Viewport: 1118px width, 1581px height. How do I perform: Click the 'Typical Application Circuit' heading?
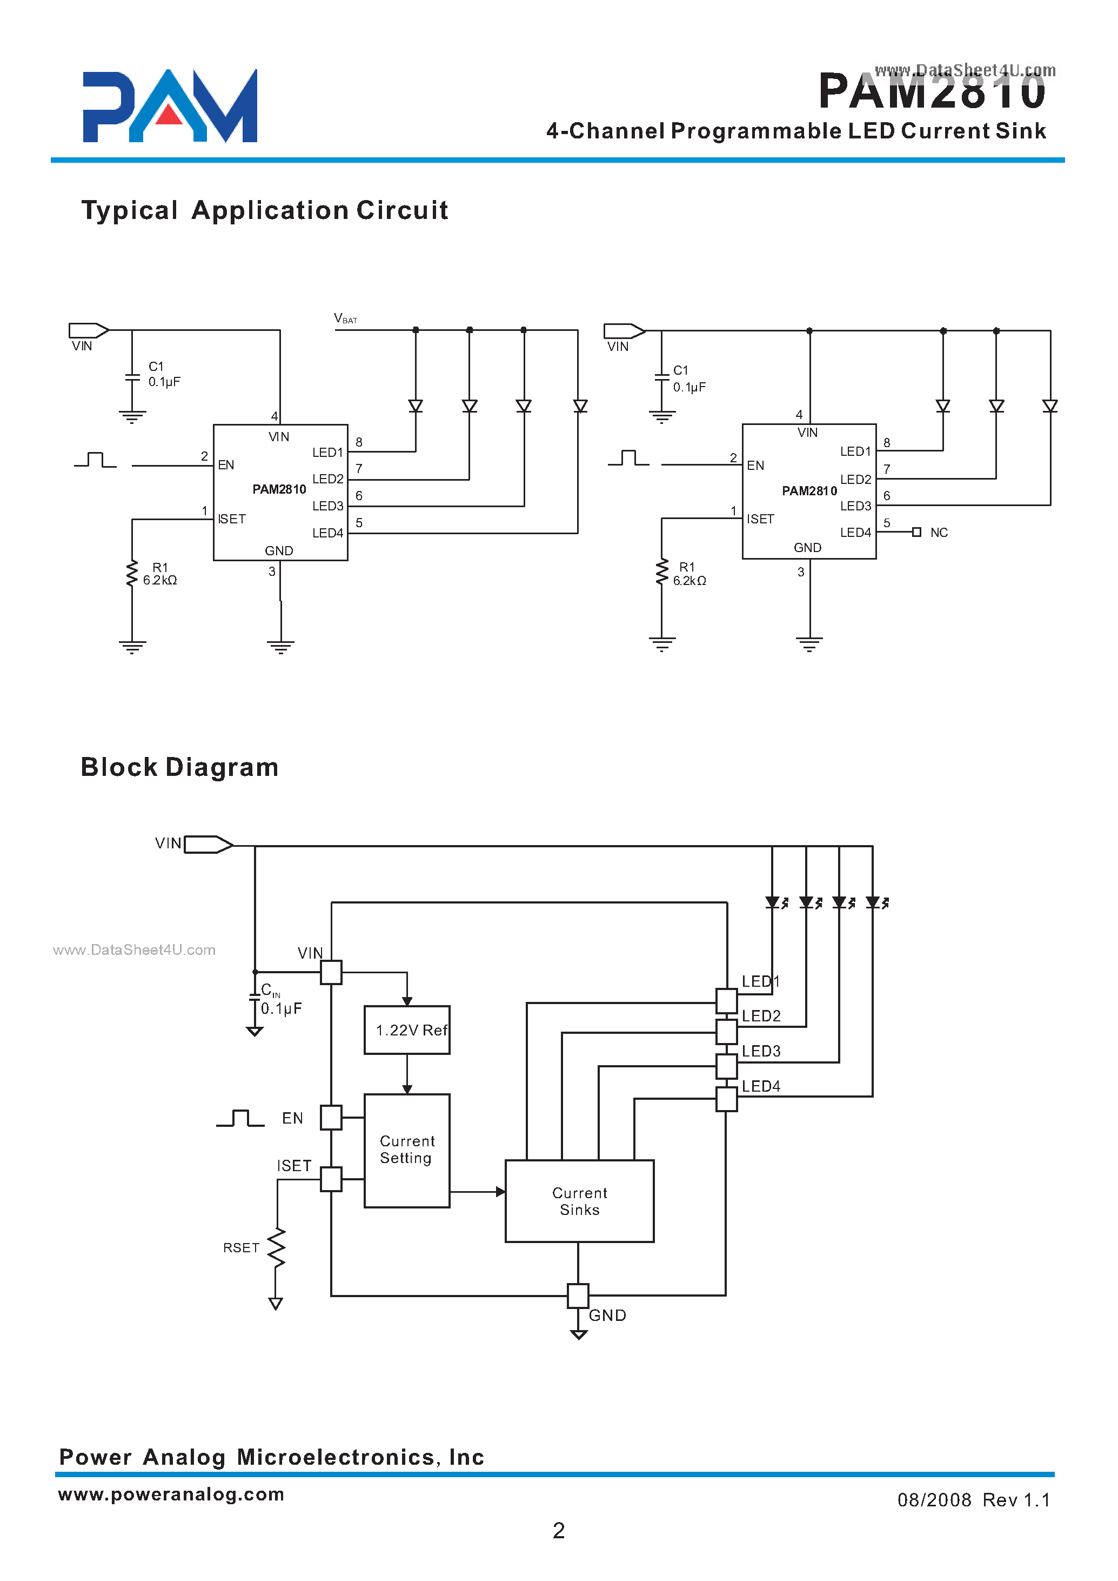click(x=264, y=210)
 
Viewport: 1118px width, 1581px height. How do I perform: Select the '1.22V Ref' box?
click(x=407, y=1030)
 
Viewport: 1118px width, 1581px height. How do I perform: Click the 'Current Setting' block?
click(x=407, y=1150)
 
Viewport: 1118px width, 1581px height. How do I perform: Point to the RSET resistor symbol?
click(x=277, y=1247)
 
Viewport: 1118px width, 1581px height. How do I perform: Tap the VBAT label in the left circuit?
click(x=345, y=318)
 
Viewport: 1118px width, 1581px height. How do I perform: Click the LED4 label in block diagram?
click(x=761, y=1086)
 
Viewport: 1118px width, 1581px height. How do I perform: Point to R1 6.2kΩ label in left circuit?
click(x=160, y=574)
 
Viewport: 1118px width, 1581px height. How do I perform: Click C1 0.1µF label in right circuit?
click(x=688, y=379)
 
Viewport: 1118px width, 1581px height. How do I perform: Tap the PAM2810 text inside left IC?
click(x=279, y=489)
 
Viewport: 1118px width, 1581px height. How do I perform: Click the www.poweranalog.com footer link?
click(x=171, y=1493)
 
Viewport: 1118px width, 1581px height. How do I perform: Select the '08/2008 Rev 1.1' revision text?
click(x=973, y=1500)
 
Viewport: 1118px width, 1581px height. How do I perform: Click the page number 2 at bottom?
click(x=558, y=1530)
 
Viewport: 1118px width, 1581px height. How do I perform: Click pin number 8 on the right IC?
click(x=887, y=443)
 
